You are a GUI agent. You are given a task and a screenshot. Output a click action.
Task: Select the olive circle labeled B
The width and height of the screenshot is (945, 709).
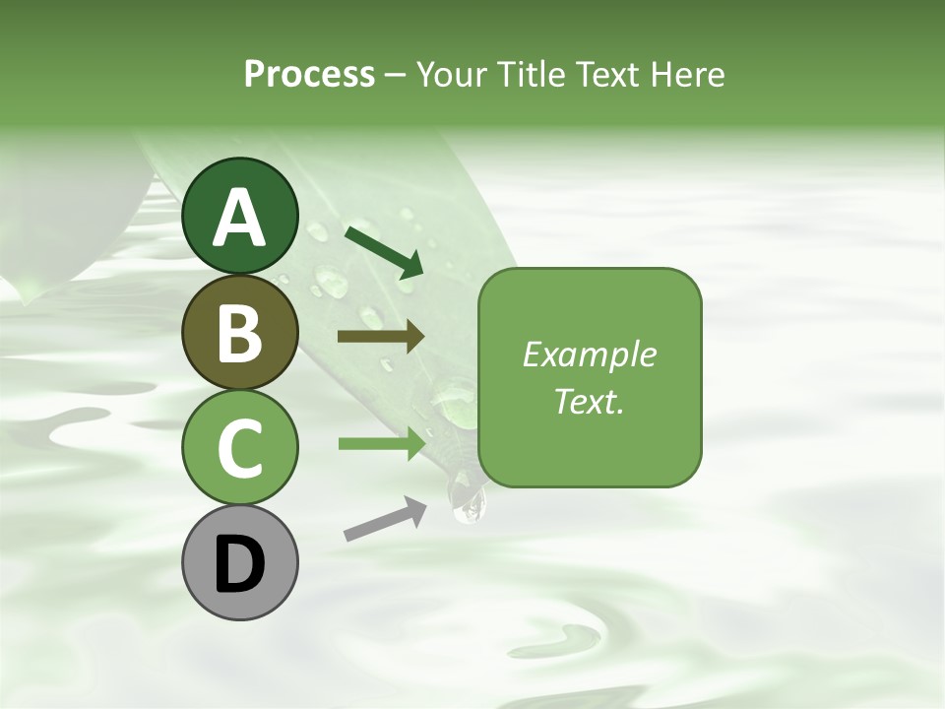240,332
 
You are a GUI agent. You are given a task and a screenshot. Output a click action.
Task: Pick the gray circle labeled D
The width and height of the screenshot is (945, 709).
240,562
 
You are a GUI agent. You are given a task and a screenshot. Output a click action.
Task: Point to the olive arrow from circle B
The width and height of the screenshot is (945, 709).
380,337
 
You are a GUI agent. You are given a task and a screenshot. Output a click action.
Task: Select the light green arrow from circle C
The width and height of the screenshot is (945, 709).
380,443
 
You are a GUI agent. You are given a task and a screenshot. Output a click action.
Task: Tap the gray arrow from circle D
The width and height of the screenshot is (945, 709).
385,519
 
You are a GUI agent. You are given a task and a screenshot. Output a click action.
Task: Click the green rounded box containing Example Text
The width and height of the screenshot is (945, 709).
590,377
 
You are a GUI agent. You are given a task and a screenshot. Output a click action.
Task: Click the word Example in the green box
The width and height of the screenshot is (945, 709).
589,354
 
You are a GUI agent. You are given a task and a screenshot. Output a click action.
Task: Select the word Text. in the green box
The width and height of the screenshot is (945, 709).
589,402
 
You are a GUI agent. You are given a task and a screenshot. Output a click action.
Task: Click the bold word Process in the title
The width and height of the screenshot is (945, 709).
309,74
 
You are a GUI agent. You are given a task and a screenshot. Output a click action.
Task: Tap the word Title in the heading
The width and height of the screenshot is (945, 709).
531,74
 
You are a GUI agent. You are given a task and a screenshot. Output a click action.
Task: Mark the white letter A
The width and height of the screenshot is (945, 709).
240,217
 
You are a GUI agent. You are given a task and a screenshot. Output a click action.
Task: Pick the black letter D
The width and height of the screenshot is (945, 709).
240,564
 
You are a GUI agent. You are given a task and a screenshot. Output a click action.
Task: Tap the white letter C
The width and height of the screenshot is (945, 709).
240,448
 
